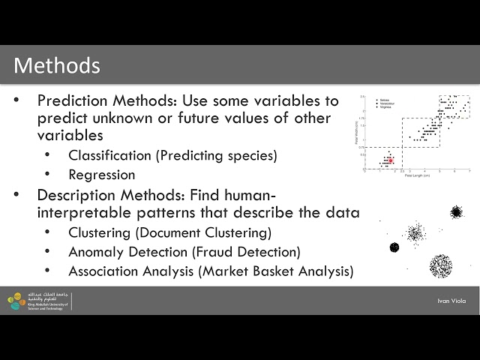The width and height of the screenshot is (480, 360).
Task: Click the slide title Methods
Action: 57,65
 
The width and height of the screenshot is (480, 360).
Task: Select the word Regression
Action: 102,175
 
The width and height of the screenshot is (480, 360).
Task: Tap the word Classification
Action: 109,156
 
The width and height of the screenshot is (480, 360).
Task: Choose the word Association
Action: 105,270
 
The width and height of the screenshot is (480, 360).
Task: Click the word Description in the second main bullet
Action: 76,194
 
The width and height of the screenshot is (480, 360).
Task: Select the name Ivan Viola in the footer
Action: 451,301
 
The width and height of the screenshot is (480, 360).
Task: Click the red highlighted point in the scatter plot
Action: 391,160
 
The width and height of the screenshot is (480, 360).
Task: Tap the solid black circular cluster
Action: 394,247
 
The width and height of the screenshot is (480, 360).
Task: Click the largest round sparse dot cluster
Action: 440,265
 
